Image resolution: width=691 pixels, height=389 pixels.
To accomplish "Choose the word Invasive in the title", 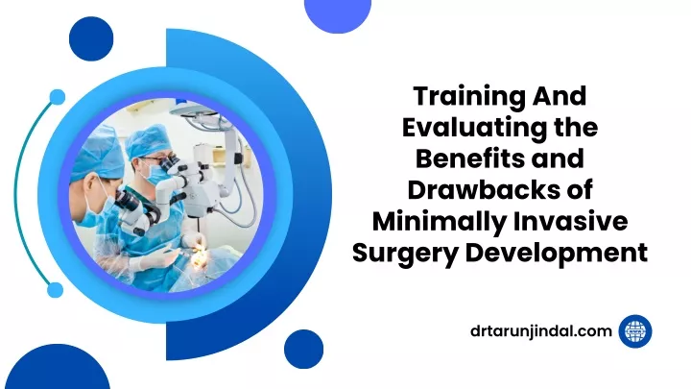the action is [x=571, y=222].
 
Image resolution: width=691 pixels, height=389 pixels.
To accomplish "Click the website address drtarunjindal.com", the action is [x=541, y=331].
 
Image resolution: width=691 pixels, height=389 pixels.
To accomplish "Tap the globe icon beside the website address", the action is [x=635, y=331].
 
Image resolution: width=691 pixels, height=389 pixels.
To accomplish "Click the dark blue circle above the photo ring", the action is [x=91, y=38].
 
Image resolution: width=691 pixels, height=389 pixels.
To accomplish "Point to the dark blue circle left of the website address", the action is [x=303, y=349].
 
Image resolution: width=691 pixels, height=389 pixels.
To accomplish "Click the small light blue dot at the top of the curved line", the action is [x=57, y=97].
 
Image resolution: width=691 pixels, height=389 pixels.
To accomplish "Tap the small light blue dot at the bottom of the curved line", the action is [x=55, y=290].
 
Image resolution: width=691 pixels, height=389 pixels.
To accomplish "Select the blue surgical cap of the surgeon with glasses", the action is [x=148, y=140].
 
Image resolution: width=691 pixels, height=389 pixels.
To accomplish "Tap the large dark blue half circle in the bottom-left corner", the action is [x=58, y=368].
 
